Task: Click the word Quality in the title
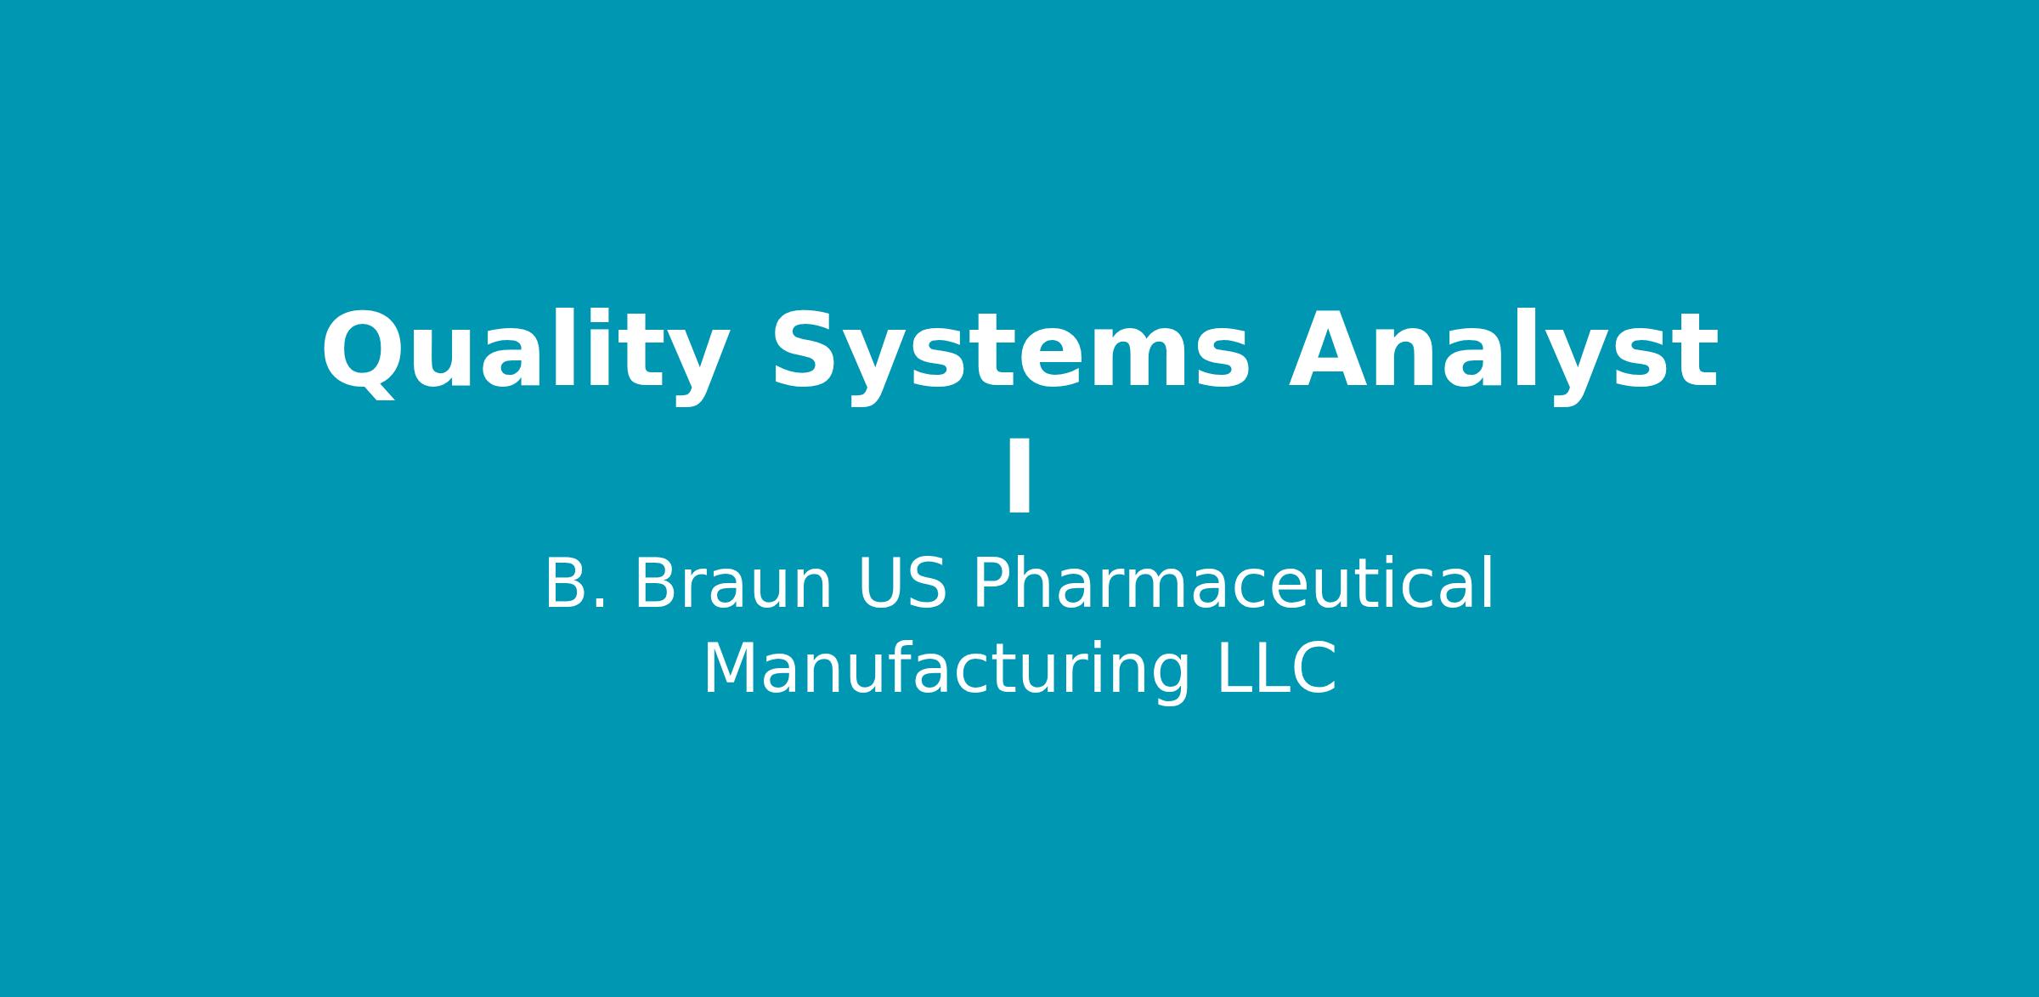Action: (x=525, y=354)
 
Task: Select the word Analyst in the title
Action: (x=1504, y=352)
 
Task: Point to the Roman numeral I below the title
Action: (x=1019, y=476)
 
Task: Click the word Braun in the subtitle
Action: (x=732, y=584)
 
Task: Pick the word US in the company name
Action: (x=902, y=584)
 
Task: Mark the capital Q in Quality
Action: (x=361, y=354)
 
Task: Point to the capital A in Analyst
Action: (x=1332, y=348)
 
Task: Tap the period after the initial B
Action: (x=600, y=604)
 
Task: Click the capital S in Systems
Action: (x=802, y=349)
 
